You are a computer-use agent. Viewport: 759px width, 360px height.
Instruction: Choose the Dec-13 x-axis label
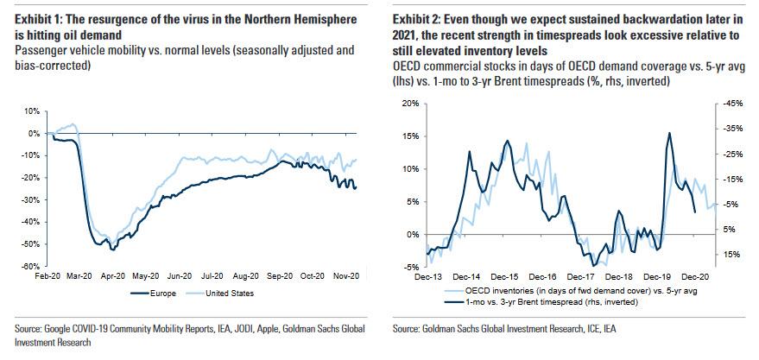[x=428, y=278]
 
